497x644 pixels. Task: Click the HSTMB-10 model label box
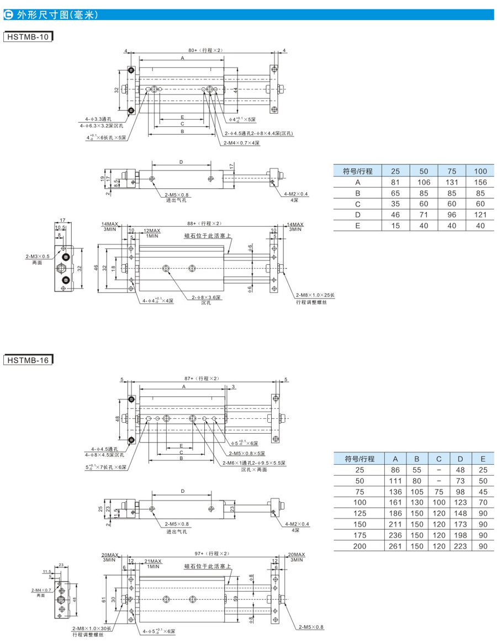pos(28,37)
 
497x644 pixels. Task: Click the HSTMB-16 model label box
pos(28,360)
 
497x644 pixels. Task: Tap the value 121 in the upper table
pos(480,215)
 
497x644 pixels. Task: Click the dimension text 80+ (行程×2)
pos(205,50)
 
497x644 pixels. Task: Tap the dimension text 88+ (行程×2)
pos(205,223)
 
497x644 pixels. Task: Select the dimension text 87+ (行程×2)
pos(203,379)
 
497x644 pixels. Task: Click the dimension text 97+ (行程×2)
pos(203,552)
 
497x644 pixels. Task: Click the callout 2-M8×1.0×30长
pos(92,629)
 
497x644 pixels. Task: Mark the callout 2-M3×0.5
pos(38,257)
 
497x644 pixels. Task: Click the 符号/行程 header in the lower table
pos(359,459)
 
